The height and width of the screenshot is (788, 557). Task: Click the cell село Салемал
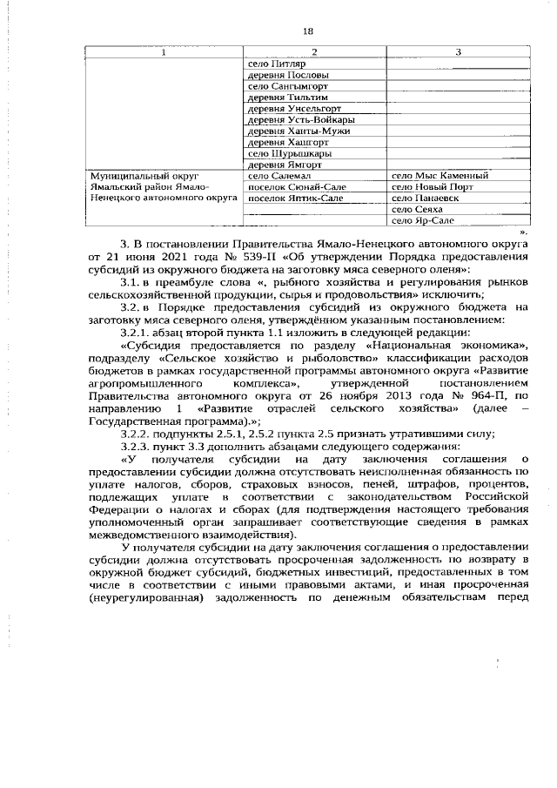[x=276, y=175]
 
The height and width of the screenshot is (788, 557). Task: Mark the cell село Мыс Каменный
[x=440, y=175]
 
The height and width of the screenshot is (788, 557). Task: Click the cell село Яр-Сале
[x=422, y=220]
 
